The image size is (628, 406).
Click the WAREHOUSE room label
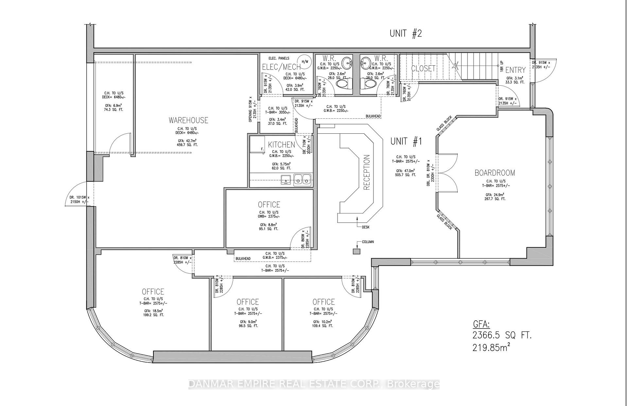point(188,120)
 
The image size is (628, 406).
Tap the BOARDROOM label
point(495,173)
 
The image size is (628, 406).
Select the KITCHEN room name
point(281,144)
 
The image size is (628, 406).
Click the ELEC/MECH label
point(281,67)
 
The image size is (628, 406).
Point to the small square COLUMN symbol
point(356,251)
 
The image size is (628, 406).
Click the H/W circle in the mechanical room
point(305,61)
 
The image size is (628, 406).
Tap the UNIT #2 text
point(406,33)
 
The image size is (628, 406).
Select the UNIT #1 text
point(406,141)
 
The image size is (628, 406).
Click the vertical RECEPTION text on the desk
point(366,172)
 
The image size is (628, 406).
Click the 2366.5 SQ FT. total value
point(502,335)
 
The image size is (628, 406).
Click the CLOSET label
point(423,68)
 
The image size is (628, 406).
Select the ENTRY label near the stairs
point(515,70)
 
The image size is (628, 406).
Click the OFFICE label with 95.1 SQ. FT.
point(269,204)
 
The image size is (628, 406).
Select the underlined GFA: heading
point(481,324)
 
